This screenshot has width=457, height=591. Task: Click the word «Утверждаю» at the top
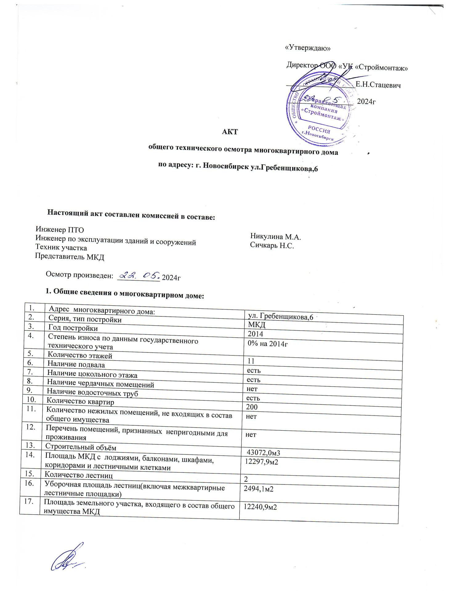pos(307,48)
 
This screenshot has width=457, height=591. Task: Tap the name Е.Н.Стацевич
pos(378,85)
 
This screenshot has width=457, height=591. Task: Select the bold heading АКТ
pos(230,132)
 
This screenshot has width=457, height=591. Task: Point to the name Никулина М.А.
pos(275,237)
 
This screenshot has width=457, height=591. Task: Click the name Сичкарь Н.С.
pos(272,245)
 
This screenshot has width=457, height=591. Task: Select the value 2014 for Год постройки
pos(255,334)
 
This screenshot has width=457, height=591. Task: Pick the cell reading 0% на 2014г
pos(267,344)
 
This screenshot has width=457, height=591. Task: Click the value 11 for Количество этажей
pos(251,361)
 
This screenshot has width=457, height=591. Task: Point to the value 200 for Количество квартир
pos(252,407)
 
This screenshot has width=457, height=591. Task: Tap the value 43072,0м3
pos(263,452)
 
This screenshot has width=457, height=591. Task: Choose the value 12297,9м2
pos(261,461)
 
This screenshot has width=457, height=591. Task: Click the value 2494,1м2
pos(258,489)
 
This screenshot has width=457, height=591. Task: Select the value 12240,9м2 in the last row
pos(260,507)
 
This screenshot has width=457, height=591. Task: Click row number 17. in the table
pos(29,501)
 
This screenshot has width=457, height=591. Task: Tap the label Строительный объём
pos(81,447)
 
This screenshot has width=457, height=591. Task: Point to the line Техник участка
pos(61,247)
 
